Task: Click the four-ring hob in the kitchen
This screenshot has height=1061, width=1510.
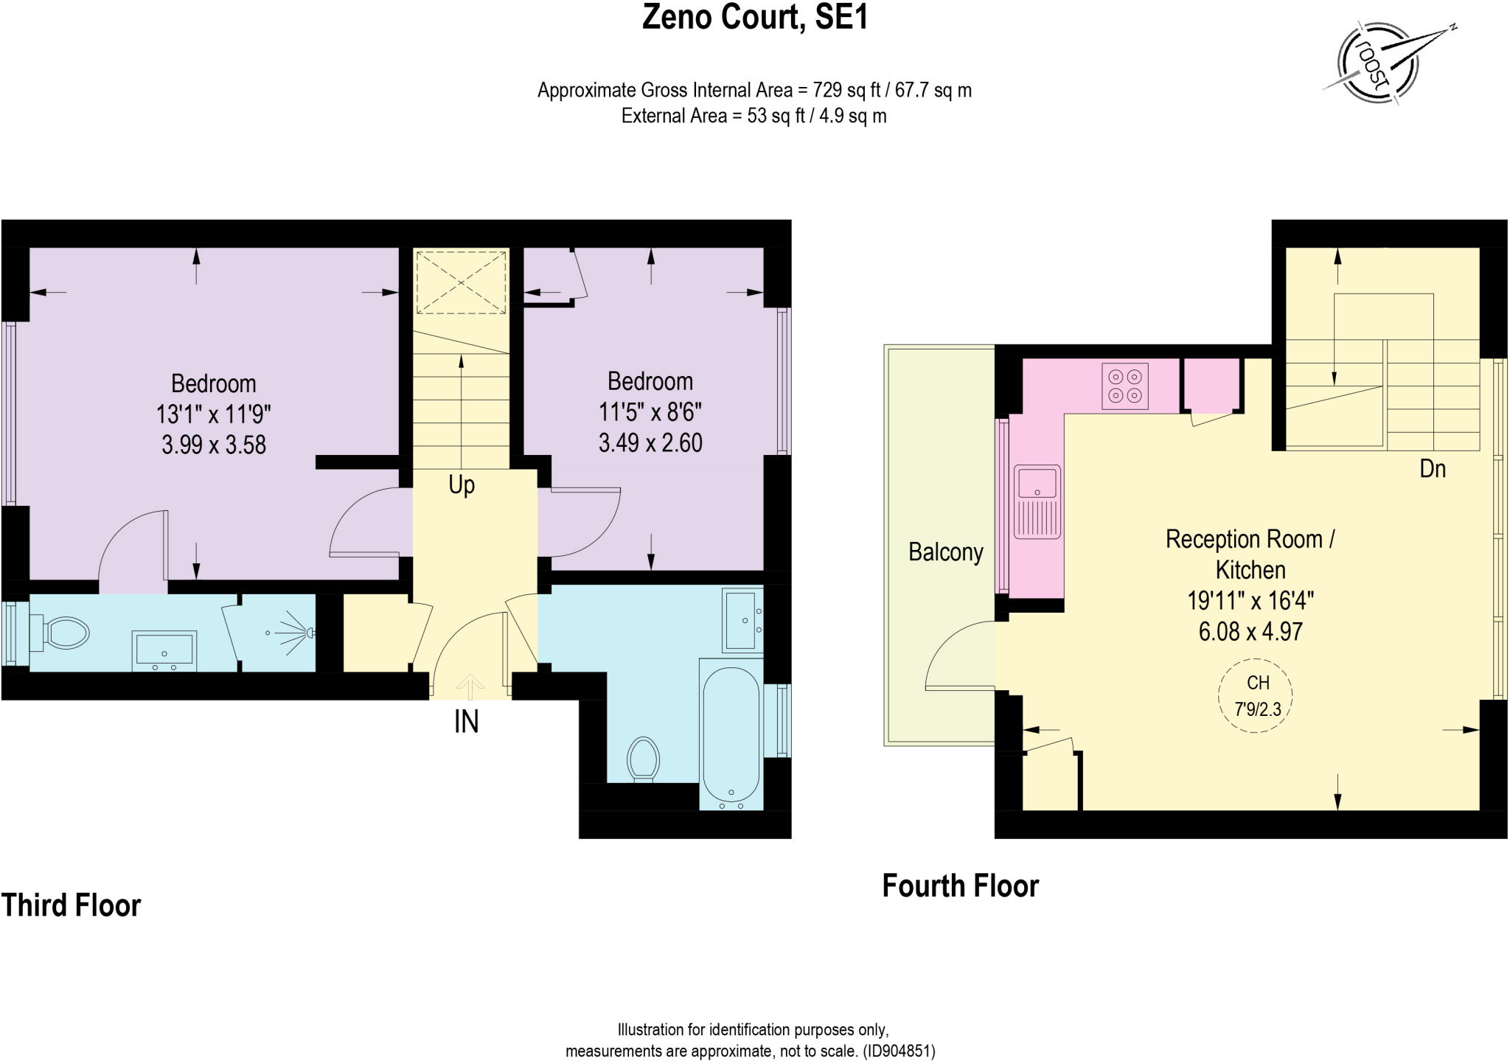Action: coord(1125,386)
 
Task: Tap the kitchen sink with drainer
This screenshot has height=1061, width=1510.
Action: coord(1037,501)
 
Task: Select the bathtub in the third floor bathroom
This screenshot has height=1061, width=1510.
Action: coord(731,735)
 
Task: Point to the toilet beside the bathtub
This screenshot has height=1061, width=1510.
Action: coord(643,758)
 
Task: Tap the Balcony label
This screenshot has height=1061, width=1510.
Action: coord(945,552)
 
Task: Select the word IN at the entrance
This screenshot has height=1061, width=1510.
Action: coord(466,722)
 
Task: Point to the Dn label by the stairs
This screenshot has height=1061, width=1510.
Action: coord(1432,469)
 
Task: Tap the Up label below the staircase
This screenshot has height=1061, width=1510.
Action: coord(462,485)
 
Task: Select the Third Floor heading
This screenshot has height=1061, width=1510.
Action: coord(71,905)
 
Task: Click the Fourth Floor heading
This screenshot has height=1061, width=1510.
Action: coord(960,886)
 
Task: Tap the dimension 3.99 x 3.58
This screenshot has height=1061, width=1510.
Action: coord(214,445)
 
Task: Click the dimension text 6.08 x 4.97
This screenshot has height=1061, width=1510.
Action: coord(1250,632)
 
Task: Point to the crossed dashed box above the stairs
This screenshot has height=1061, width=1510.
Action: coord(462,282)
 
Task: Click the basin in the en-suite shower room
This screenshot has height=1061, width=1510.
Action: coord(164,650)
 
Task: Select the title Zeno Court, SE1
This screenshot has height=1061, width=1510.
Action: coord(755,18)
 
